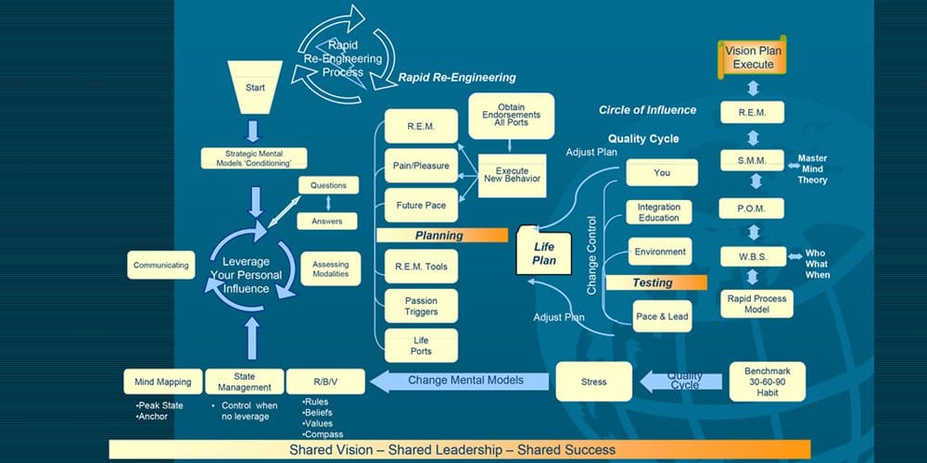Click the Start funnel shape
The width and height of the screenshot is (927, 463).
coord(255,89)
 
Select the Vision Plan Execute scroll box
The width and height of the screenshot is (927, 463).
coord(753,57)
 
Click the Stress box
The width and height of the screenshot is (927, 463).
coord(593,382)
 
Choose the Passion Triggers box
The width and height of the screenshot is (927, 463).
coord(421,307)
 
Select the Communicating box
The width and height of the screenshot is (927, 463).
coord(161,265)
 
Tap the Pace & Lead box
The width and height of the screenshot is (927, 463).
coord(662,317)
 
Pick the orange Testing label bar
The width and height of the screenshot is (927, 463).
coord(653,282)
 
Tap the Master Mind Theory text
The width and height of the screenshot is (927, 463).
coord(812,169)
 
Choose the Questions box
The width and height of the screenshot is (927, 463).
coord(327,185)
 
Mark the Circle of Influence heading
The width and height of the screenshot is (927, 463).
coord(647,110)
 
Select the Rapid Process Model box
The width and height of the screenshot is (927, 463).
coord(756,305)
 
